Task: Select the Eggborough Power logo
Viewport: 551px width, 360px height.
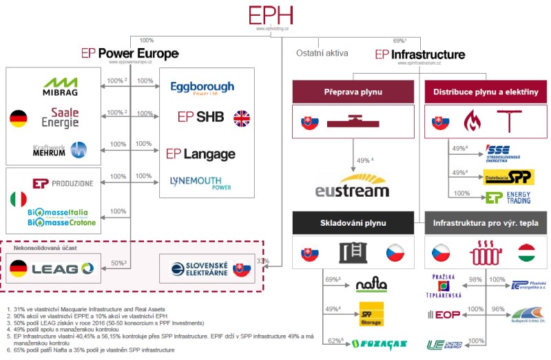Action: [202, 87]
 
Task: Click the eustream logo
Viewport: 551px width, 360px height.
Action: [352, 186]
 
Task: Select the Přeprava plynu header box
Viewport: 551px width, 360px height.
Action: [353, 92]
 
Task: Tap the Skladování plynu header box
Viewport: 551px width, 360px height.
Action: [353, 223]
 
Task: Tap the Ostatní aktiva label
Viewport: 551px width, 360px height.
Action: [322, 53]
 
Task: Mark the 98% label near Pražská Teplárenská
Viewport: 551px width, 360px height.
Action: [475, 279]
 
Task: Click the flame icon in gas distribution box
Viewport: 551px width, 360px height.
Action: [473, 122]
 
